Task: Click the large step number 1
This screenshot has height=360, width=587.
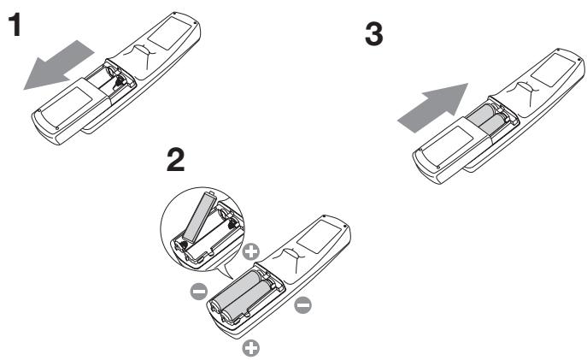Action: [x=15, y=25]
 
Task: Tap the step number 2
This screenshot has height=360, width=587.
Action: [x=175, y=159]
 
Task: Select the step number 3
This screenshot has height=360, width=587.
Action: [x=374, y=34]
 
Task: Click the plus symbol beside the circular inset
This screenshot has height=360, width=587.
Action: [x=251, y=251]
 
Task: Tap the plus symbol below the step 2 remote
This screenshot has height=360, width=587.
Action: [x=251, y=348]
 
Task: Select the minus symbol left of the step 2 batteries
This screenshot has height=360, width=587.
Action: [x=199, y=291]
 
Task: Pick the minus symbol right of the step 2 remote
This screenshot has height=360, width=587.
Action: [x=302, y=305]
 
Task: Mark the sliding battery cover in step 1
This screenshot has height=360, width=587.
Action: [x=71, y=109]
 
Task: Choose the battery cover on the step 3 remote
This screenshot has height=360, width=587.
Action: [x=452, y=151]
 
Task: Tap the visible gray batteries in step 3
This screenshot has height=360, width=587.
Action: [x=487, y=119]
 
